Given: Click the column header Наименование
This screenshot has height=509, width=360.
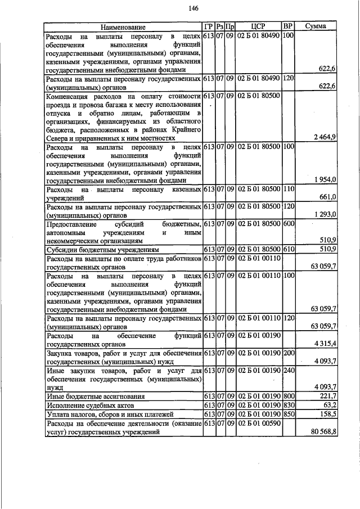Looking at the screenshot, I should [x=123, y=27].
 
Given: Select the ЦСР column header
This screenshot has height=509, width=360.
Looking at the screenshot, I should [x=258, y=26].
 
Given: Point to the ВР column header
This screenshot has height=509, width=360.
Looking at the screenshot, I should [x=287, y=26].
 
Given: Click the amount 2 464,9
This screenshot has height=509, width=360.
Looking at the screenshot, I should [x=325, y=137].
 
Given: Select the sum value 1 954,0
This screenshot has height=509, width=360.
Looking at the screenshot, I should [x=325, y=180].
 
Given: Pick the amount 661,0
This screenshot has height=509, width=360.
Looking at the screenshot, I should [x=327, y=197].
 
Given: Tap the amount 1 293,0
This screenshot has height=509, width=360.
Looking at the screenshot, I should [x=325, y=214].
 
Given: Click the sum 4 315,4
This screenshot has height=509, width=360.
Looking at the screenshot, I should [x=325, y=343].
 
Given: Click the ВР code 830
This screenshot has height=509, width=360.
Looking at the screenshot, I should [x=287, y=406].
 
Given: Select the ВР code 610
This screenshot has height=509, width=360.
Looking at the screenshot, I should [x=287, y=248].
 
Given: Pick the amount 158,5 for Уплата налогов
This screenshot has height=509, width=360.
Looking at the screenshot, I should [x=327, y=414].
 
